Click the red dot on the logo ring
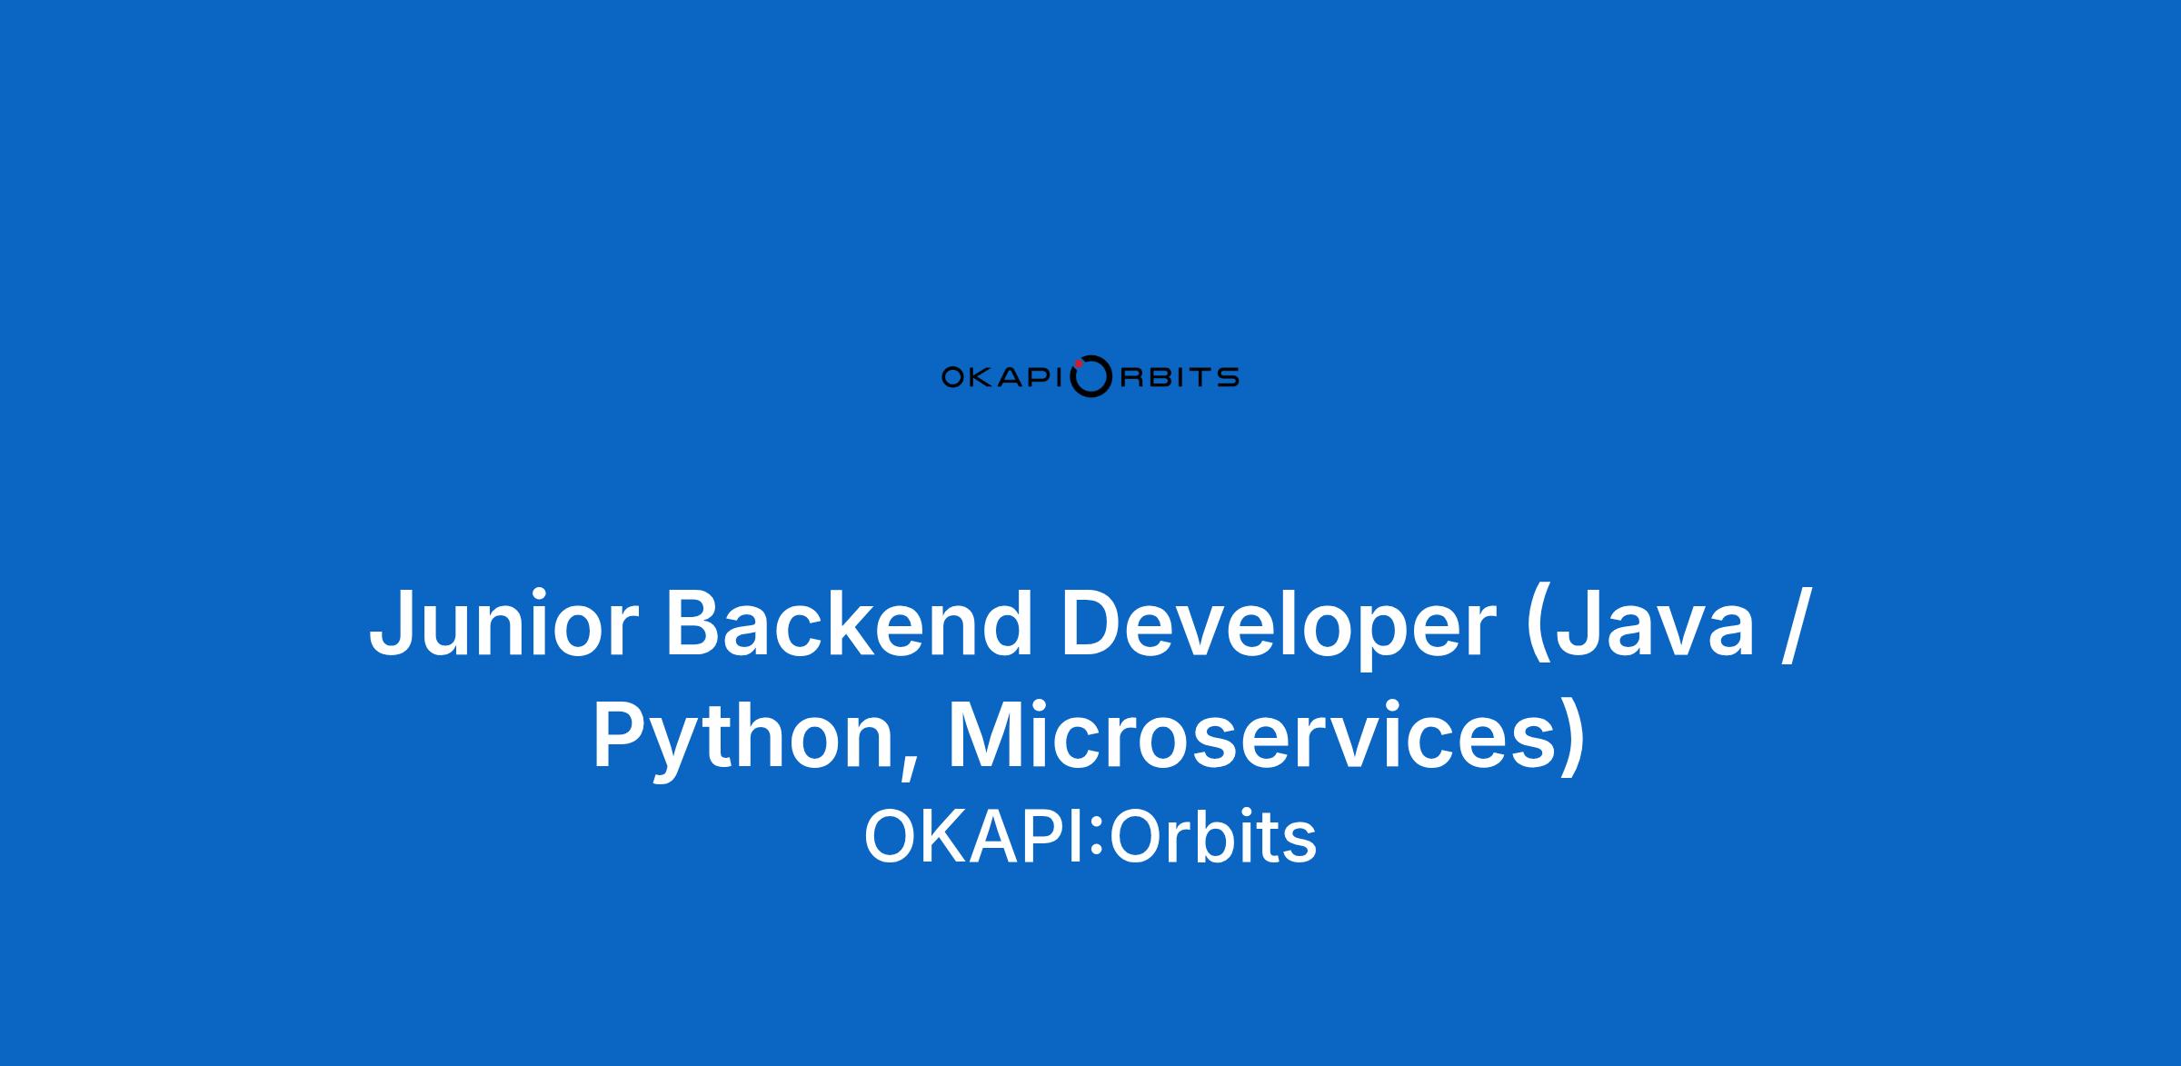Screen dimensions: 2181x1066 (x=1078, y=364)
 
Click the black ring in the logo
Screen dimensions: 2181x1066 (x=1090, y=395)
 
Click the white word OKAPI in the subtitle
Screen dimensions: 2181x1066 (x=975, y=837)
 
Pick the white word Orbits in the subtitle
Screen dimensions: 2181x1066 (x=1212, y=837)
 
